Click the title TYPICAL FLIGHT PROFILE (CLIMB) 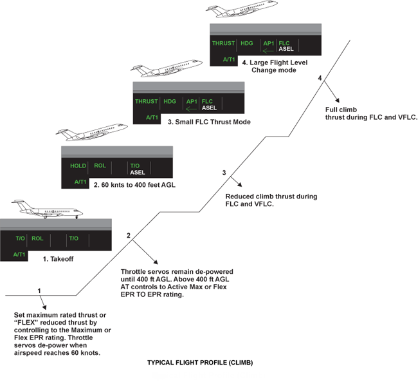tap(200, 363)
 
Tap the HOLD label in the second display tap(78, 166)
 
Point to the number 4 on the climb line tap(320, 78)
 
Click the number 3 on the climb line tap(224, 173)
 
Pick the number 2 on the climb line tap(129, 235)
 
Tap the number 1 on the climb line tap(40, 291)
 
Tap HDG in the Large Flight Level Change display tap(246, 44)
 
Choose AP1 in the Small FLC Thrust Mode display tap(191, 101)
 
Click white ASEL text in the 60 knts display tap(137, 173)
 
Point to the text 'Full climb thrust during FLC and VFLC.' tap(372, 113)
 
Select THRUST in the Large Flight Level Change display tap(224, 44)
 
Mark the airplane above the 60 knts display tap(91, 133)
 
